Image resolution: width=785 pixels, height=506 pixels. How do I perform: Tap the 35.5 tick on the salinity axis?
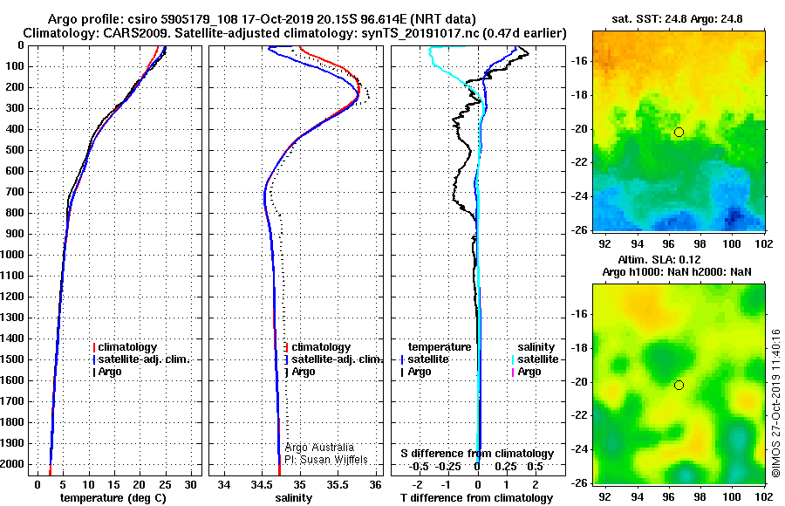(x=338, y=483)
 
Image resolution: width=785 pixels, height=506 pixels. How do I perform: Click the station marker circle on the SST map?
(x=679, y=132)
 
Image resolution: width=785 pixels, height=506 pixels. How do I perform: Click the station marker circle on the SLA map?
(x=679, y=385)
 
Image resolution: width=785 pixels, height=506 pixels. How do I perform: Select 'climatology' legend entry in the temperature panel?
(x=130, y=347)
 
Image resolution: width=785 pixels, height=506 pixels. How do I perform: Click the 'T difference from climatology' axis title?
(x=477, y=497)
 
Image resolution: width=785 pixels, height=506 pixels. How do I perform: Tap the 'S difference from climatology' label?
(x=477, y=454)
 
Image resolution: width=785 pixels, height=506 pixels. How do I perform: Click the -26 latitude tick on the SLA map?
(x=577, y=482)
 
